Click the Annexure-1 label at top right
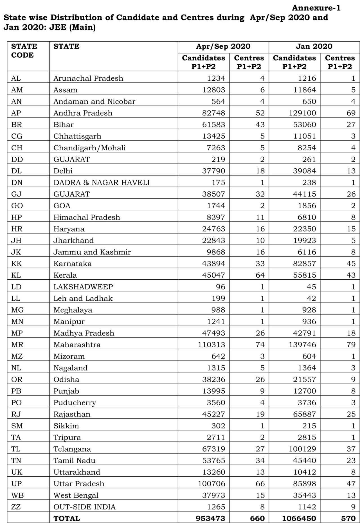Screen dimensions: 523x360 pyautogui.click(x=316, y=8)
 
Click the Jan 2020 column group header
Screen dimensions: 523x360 pyautogui.click(x=314, y=46)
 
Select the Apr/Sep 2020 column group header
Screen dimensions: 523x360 pyautogui.click(x=223, y=46)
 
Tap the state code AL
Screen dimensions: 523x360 pyautogui.click(x=16, y=78)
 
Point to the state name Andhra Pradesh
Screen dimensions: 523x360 pyautogui.click(x=83, y=113)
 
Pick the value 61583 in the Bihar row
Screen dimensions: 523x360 pyautogui.click(x=213, y=124)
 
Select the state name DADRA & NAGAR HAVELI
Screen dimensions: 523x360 pyautogui.click(x=102, y=183)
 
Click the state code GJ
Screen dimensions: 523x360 pyautogui.click(x=16, y=194)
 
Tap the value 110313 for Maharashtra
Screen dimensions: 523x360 pyautogui.click(x=211, y=345)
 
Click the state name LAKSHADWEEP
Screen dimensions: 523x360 pyautogui.click(x=83, y=287)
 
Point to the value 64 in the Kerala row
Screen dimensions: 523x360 pyautogui.click(x=260, y=275)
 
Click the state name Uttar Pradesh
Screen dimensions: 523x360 pyautogui.click(x=79, y=484)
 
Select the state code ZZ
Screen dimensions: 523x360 pyautogui.click(x=16, y=507)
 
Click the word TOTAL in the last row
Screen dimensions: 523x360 pyautogui.click(x=67, y=518)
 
